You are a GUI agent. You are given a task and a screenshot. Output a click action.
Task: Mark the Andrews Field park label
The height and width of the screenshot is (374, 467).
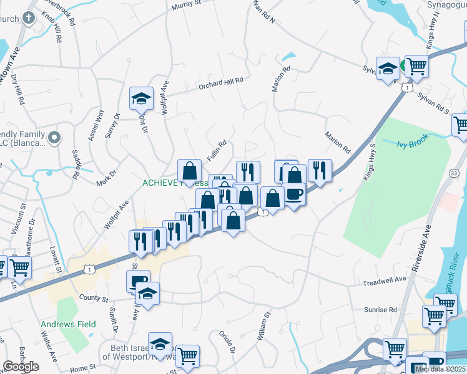point(69,324)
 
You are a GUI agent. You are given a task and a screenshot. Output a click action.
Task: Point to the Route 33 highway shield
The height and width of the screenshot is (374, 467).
point(454,173)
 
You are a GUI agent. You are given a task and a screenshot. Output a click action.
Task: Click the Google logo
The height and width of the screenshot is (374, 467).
point(21,367)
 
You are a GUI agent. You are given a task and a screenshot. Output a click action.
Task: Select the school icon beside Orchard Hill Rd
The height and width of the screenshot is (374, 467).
point(141,98)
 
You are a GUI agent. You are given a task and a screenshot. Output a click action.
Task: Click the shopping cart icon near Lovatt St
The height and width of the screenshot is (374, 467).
point(20,267)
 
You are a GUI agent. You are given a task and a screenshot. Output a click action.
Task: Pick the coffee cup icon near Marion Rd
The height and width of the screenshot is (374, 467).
point(294,195)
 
